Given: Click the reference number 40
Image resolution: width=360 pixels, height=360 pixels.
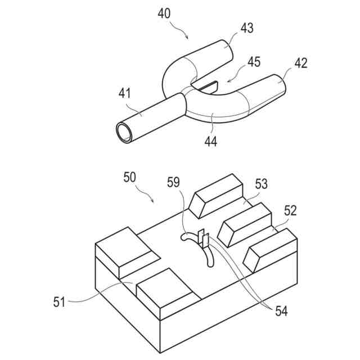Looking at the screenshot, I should (164, 12).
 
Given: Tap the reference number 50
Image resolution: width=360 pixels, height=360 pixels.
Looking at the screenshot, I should (130, 178).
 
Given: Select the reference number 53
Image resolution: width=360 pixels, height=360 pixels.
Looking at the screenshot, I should (261, 183).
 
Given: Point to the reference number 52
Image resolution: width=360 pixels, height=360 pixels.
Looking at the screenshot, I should (290, 210).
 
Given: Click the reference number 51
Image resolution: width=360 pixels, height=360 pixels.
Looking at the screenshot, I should (60, 303).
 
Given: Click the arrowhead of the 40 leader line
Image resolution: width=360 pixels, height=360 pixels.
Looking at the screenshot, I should (187, 37).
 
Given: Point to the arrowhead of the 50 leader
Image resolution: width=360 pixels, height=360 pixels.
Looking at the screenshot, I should (152, 201).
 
